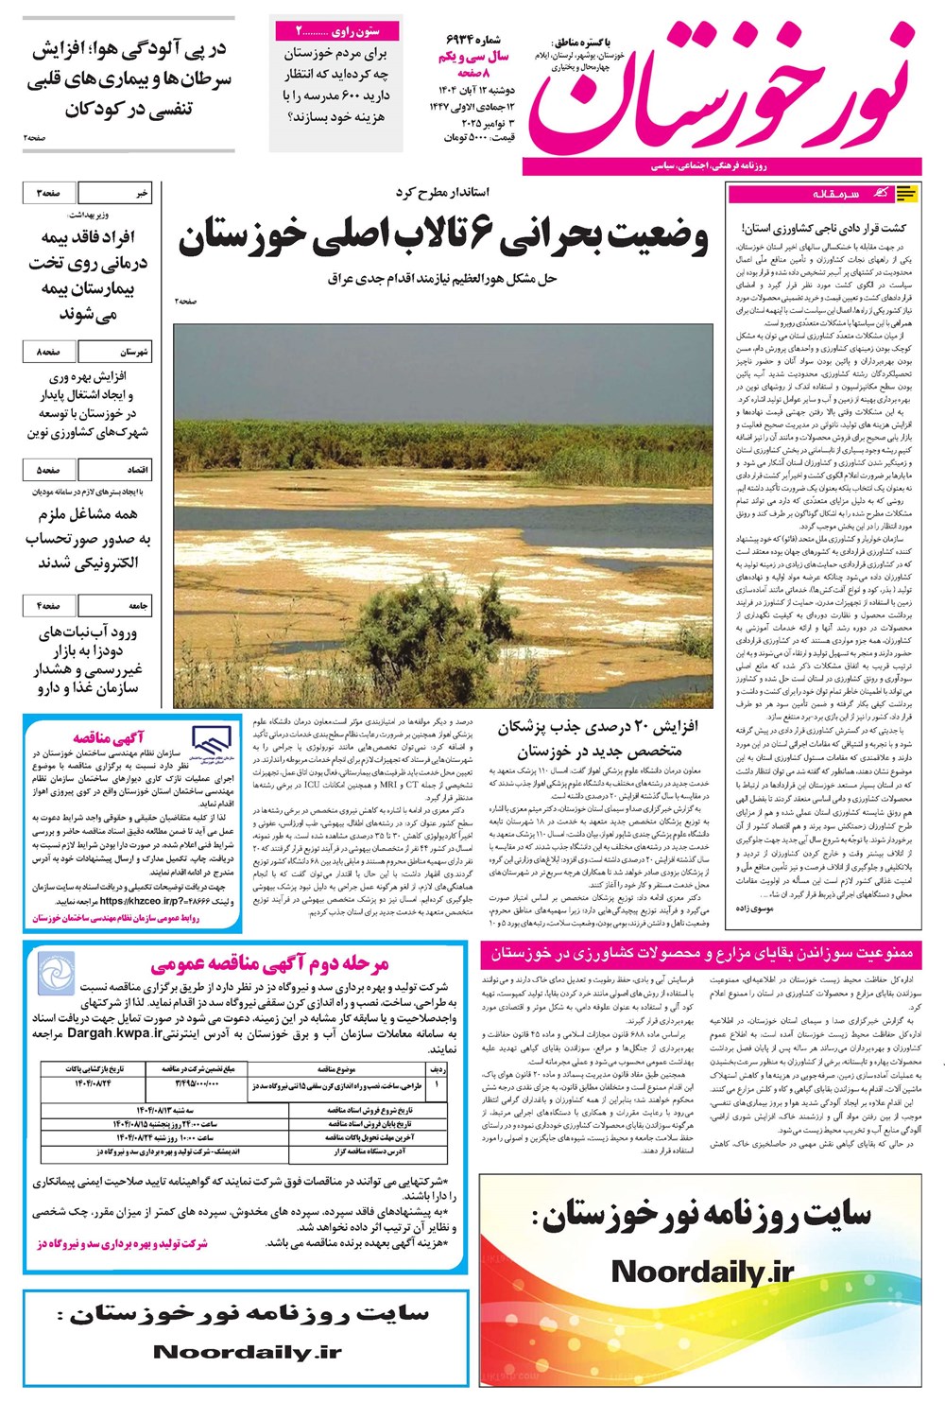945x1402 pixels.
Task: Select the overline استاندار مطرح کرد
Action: tap(442, 193)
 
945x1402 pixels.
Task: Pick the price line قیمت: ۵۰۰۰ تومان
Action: tap(479, 138)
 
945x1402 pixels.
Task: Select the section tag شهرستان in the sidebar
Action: tap(133, 352)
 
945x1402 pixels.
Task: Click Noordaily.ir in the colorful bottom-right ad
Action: tap(702, 1272)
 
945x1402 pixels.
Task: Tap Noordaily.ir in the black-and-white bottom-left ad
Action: tap(247, 1352)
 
